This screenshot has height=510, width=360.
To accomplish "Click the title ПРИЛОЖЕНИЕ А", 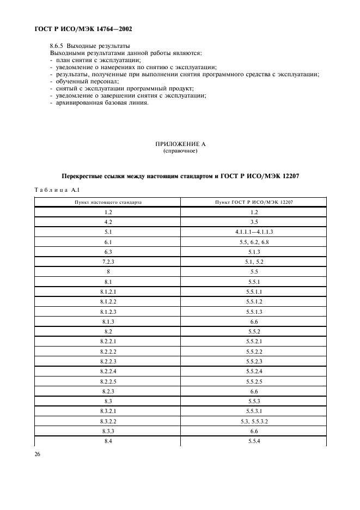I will click(180, 144).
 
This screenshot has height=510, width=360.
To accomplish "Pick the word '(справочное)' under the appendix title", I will click(180, 151).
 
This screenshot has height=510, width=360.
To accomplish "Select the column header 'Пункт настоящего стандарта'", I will click(108, 202).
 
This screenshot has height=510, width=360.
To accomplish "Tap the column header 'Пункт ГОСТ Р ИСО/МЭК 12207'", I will click(254, 202).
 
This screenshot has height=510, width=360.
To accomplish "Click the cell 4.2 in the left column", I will click(108, 222).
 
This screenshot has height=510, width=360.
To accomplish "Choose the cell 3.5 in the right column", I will click(254, 222).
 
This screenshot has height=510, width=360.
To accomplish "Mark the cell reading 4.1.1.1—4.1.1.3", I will click(254, 232).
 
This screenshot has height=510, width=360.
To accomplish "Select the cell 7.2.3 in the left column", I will click(108, 261).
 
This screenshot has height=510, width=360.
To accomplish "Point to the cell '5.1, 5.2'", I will click(254, 261).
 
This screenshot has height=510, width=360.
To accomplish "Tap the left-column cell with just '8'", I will click(108, 271).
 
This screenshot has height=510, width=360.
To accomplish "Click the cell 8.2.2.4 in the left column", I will click(108, 371).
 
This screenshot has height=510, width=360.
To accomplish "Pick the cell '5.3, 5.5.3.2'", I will click(254, 421).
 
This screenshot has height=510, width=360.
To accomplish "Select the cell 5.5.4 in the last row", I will click(254, 440).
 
